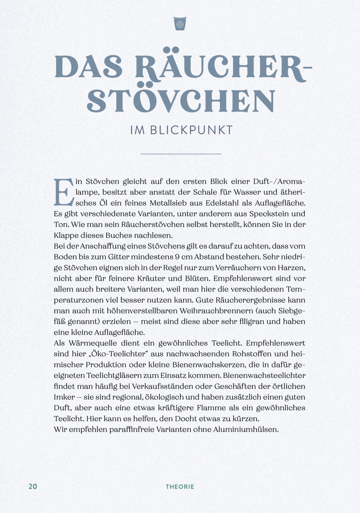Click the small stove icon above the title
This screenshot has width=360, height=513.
pos(180,23)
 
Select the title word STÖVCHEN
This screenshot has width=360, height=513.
pos(181,101)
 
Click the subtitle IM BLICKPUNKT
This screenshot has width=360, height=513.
pos(181,130)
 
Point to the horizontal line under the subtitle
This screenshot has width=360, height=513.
pos(181,154)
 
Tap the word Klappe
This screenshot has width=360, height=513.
pos(66,236)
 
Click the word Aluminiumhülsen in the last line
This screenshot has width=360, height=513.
pos(246,429)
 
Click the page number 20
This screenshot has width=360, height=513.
pos(33,486)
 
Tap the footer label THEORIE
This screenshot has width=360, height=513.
pos(180,487)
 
